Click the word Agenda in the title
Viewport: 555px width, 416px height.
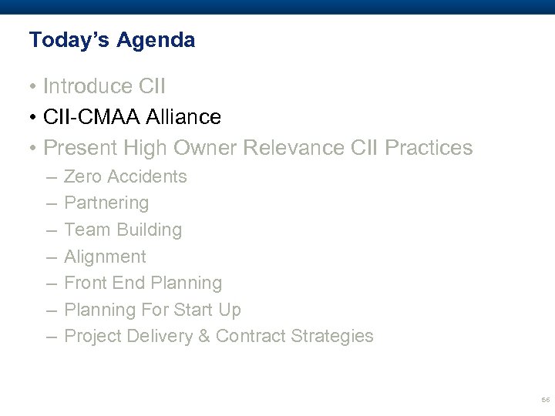[156, 40]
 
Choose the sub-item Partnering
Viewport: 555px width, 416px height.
[106, 203]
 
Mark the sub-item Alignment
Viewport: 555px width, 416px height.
[105, 257]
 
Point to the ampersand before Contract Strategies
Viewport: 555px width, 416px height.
[207, 336]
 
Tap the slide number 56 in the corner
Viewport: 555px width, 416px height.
[545, 401]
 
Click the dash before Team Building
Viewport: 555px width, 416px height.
[50, 230]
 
